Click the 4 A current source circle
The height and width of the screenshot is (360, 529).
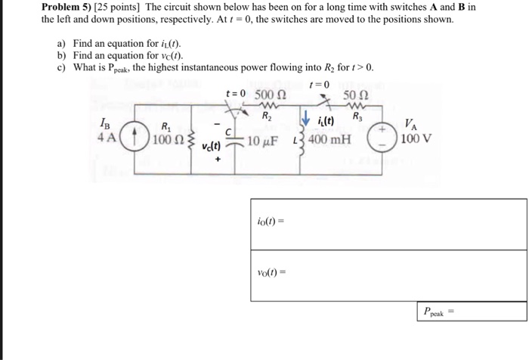point(133,140)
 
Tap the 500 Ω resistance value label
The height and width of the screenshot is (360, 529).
point(271,95)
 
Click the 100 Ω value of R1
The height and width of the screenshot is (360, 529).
point(163,141)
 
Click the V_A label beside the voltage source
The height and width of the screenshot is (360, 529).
point(409,125)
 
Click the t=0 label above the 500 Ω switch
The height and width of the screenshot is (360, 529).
point(236,94)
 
